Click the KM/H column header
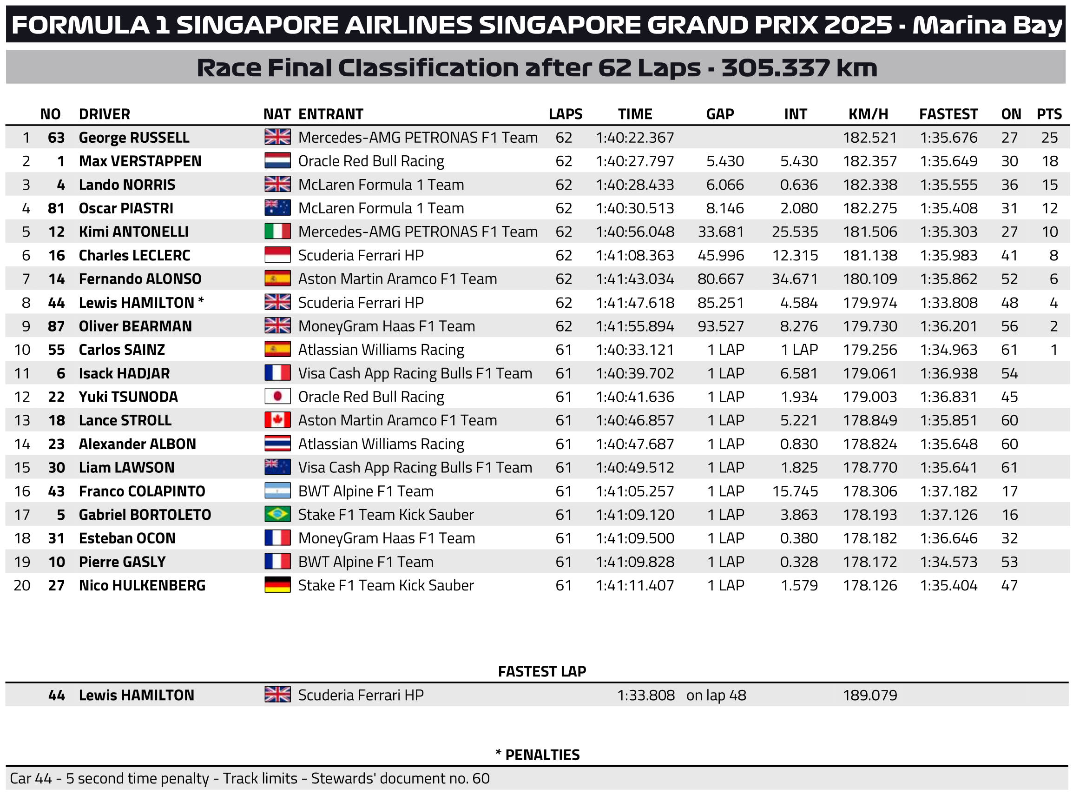coord(868,114)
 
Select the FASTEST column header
coord(948,114)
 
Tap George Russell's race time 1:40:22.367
coord(634,138)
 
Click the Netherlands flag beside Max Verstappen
coord(277,161)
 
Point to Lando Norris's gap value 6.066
coord(724,185)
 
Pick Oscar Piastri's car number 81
coord(56,208)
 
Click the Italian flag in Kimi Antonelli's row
coord(277,232)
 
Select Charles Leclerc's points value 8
coord(1053,255)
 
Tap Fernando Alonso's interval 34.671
coord(795,278)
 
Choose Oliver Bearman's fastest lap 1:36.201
coord(948,326)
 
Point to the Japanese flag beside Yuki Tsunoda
coord(277,397)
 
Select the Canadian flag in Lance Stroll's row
coord(277,420)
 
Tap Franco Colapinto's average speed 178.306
coord(869,491)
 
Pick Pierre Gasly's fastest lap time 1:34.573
coord(948,562)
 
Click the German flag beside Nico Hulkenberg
coord(277,585)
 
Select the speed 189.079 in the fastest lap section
coord(869,696)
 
